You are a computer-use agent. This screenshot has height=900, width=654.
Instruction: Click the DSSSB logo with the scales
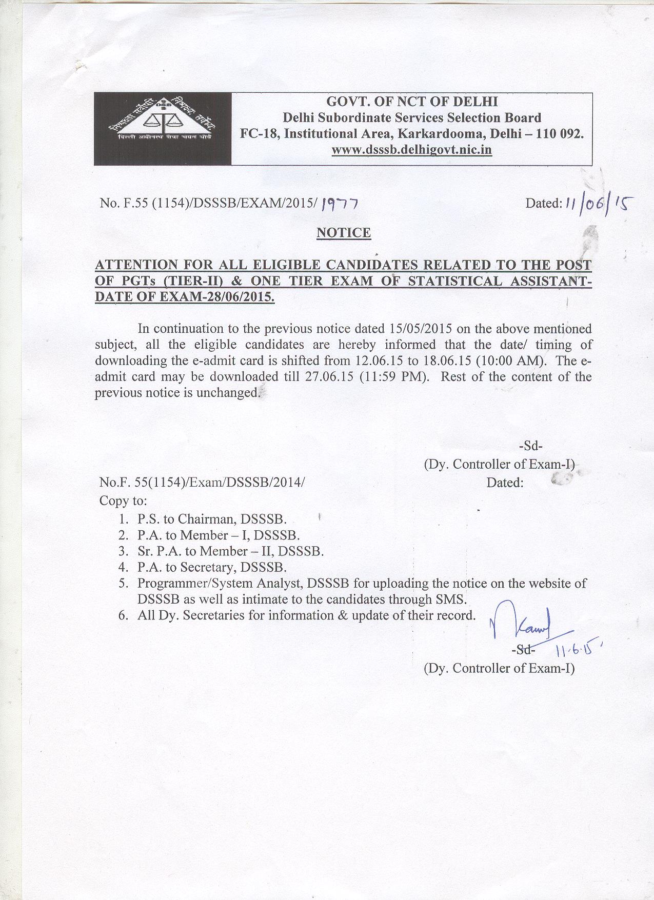pyautogui.click(x=162, y=128)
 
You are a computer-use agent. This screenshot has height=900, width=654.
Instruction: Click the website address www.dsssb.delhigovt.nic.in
pyautogui.click(x=412, y=150)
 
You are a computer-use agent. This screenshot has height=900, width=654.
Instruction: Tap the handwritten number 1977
pyautogui.click(x=339, y=204)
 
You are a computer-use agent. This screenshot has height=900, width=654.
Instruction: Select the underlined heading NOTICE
pyautogui.click(x=344, y=233)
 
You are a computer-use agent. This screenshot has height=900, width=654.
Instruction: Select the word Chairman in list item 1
pyautogui.click(x=207, y=519)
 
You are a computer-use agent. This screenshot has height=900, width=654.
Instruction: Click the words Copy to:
pyautogui.click(x=123, y=501)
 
